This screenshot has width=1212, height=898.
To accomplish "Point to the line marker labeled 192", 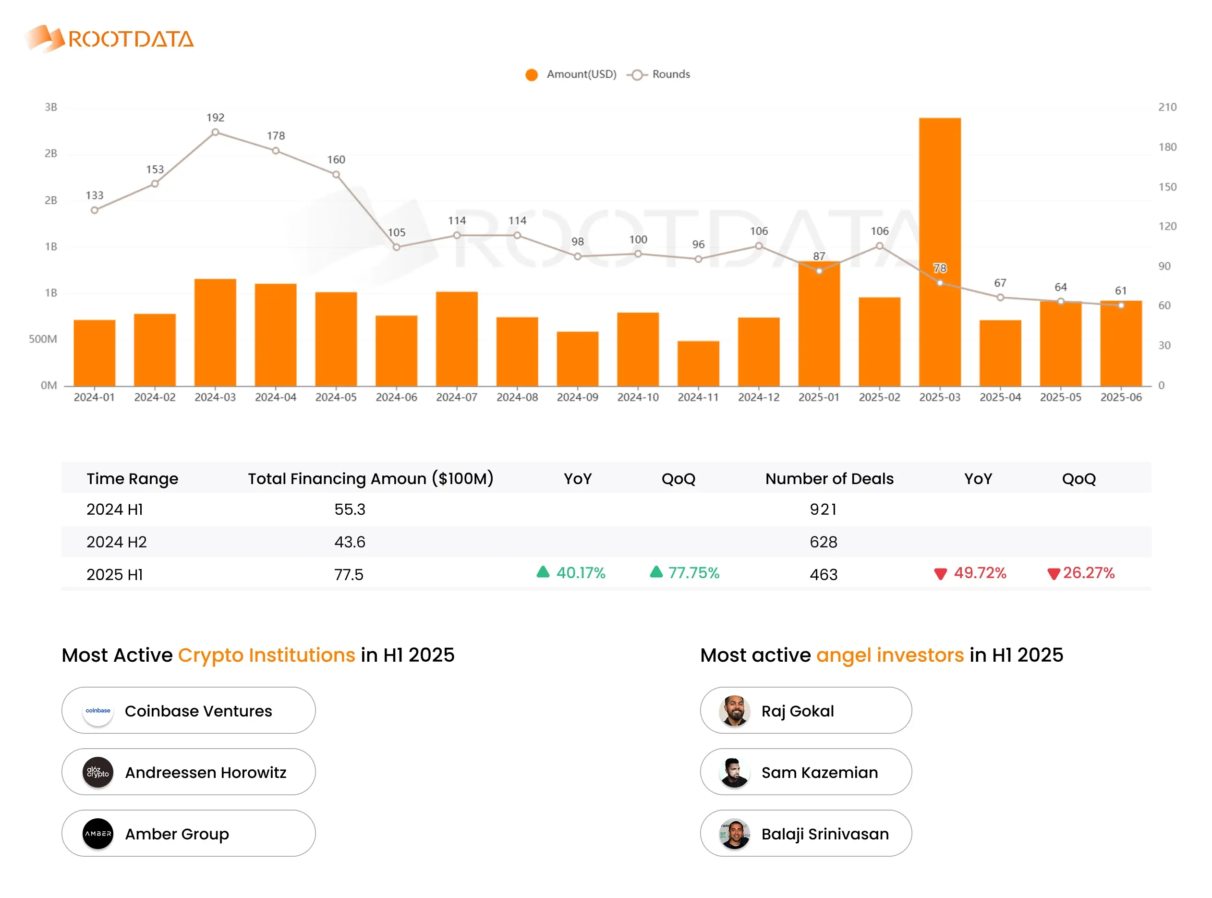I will pyautogui.click(x=215, y=132).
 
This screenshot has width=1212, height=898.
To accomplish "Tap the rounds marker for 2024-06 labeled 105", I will pyautogui.click(x=396, y=247).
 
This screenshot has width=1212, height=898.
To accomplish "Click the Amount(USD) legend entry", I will pyautogui.click(x=570, y=74).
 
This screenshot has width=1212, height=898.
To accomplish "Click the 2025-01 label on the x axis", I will pyautogui.click(x=819, y=397).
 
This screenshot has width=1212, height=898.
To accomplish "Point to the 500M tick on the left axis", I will pyautogui.click(x=42, y=339).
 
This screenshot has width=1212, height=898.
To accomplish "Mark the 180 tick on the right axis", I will pyautogui.click(x=1166, y=147).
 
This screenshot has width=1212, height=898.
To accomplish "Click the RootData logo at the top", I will pyautogui.click(x=109, y=38).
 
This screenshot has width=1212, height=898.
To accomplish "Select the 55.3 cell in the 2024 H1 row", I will pyautogui.click(x=350, y=510).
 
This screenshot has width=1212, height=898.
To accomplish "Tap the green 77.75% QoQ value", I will pyautogui.click(x=693, y=573).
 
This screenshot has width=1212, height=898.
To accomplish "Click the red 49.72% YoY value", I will pyautogui.click(x=980, y=573).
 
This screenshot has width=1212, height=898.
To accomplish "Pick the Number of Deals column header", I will pyautogui.click(x=829, y=478).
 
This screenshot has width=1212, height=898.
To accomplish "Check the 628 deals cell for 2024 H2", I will pyautogui.click(x=823, y=542).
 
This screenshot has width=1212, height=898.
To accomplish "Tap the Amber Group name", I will pyautogui.click(x=177, y=834).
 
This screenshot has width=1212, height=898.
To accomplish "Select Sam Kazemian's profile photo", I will pyautogui.click(x=734, y=773).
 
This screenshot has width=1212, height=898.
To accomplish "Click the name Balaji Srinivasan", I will pyautogui.click(x=824, y=834).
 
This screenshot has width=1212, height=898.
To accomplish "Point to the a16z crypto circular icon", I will pyautogui.click(x=98, y=773).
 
